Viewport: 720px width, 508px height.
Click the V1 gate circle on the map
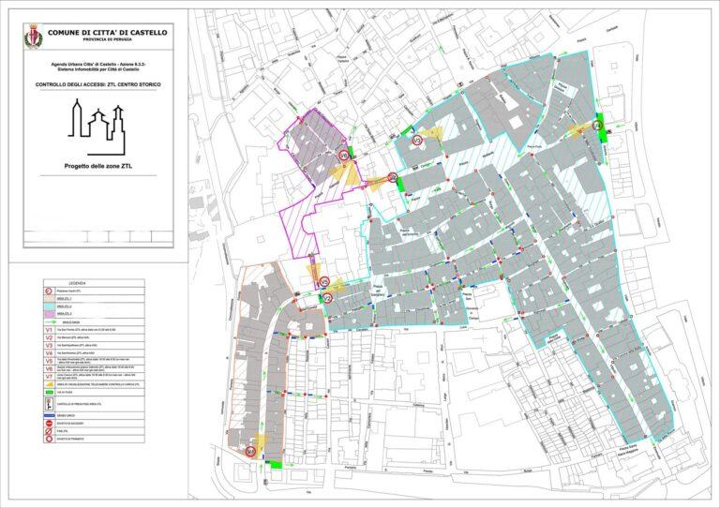(x=343, y=155)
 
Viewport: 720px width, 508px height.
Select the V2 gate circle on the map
(x=328, y=298)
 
